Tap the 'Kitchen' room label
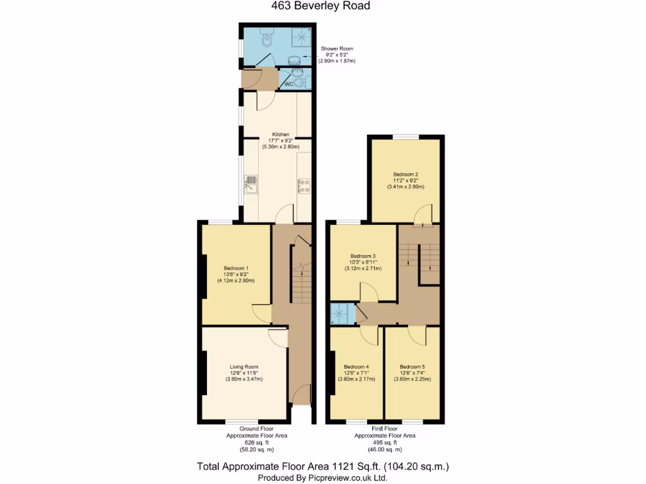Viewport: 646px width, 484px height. click(281, 135)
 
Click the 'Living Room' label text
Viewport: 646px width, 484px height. click(244, 367)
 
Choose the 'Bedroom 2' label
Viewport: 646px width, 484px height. click(406, 174)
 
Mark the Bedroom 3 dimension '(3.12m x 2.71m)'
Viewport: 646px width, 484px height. click(363, 268)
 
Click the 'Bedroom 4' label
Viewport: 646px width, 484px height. click(356, 367)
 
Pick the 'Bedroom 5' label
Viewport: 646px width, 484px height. click(412, 367)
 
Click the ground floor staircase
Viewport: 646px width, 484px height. click(302, 284)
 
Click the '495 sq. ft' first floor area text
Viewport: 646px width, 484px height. click(384, 443)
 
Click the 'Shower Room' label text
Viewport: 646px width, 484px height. click(337, 49)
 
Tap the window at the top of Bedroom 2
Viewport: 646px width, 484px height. click(405, 137)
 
